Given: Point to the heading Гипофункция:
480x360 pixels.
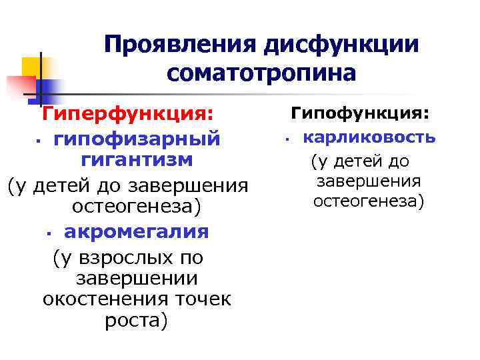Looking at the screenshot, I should [x=359, y=115].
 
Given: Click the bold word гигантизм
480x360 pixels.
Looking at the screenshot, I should [x=137, y=160].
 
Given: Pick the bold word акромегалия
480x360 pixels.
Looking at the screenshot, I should [x=136, y=231].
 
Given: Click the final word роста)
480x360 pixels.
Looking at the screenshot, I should [x=137, y=321].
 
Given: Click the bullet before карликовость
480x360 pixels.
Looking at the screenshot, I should [x=285, y=140].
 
